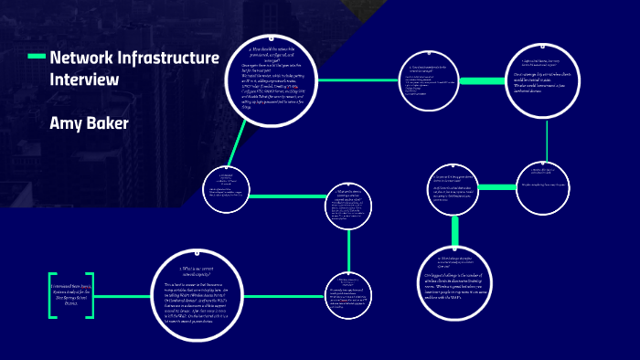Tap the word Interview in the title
[x=84, y=79]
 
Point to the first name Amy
[x=65, y=122]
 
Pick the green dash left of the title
[x=37, y=58]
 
